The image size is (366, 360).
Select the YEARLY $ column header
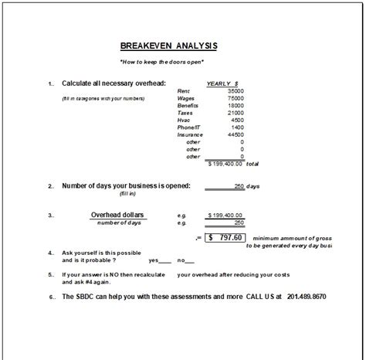click(222, 83)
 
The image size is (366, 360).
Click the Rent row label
click(185, 91)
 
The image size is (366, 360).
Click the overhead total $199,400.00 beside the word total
click(224, 164)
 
